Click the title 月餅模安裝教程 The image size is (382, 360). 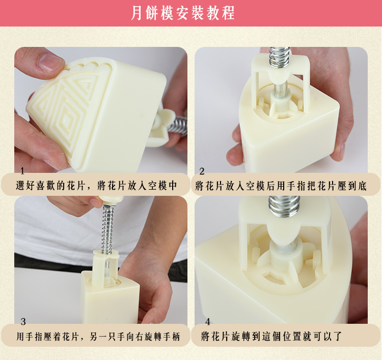pos(182,13)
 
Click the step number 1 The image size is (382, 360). pos(22,171)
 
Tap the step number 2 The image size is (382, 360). pos(202,171)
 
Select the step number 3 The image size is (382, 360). pos(23,322)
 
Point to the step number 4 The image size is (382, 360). pos(208,322)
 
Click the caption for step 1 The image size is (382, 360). pos(96,186)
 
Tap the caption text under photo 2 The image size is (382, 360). pos(281,186)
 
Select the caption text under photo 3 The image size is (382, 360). pos(98,337)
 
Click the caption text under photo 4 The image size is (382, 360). pos(271,337)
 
